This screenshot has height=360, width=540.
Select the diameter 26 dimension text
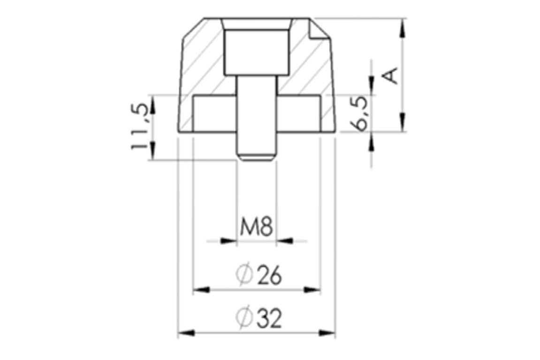(259, 275)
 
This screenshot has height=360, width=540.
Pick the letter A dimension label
(391, 76)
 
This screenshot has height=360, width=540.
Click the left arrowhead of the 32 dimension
(186, 333)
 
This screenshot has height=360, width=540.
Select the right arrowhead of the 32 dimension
(327, 333)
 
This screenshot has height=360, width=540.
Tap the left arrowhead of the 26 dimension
(201, 290)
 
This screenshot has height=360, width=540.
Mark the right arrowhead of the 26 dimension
(312, 290)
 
